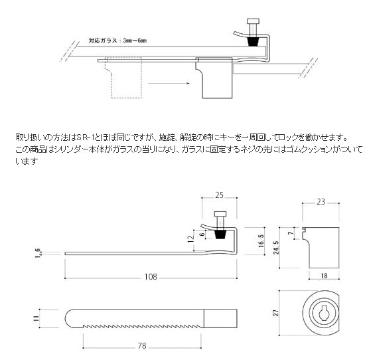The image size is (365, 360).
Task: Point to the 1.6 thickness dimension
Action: click(x=37, y=252)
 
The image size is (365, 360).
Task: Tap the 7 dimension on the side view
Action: click(x=291, y=234)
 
